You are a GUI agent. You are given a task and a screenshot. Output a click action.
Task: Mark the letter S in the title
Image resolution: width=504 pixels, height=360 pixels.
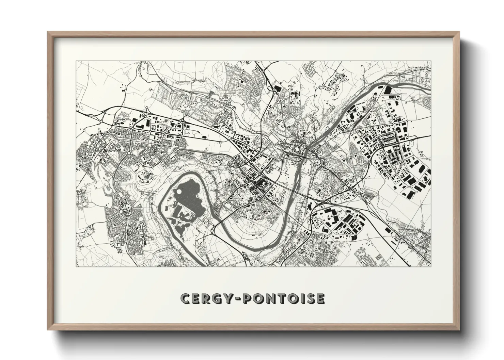click(x=309, y=298)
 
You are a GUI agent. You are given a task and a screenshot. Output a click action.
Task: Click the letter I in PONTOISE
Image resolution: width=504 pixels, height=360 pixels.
click(x=301, y=298)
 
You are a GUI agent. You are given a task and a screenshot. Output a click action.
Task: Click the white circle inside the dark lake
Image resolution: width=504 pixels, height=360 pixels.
click(x=179, y=192)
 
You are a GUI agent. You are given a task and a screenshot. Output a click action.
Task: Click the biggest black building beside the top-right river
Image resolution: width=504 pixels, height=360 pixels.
click(x=388, y=90)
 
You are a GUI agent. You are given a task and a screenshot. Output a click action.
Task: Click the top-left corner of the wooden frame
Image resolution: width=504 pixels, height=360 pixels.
click(x=48, y=32)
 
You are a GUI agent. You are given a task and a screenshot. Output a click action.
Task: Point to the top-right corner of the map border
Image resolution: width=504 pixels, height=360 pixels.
click(x=431, y=61)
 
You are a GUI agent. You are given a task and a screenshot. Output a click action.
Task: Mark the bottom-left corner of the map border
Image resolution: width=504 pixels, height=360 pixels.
click(x=76, y=266)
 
